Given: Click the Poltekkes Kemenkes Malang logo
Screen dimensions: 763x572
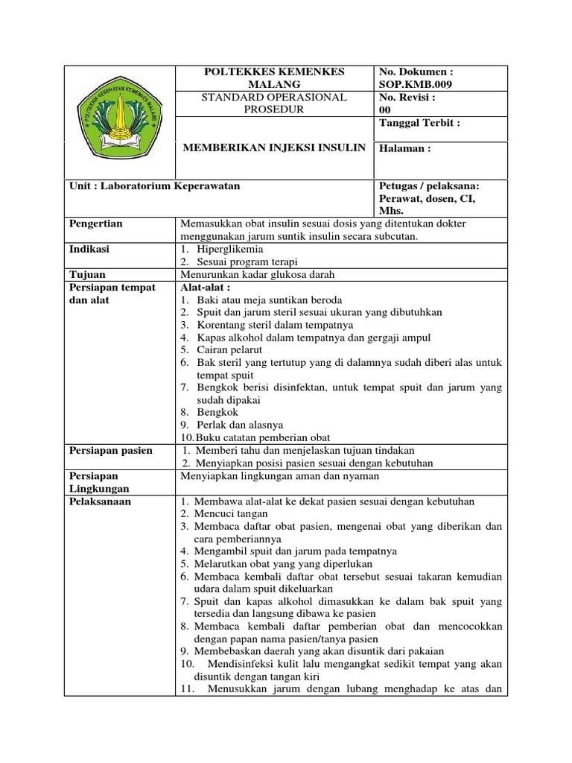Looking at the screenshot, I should coord(120,121).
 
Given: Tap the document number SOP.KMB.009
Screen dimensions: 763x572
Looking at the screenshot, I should coord(416,84).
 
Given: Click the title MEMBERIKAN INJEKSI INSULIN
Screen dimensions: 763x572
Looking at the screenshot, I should coord(274,148).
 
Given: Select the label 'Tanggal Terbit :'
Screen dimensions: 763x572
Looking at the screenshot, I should coord(419,123).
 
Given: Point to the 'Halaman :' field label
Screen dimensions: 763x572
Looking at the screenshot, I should coord(405,148).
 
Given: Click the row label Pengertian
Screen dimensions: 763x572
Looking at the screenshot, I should coord(95,223).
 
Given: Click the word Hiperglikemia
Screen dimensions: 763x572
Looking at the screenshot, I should coord(230,249).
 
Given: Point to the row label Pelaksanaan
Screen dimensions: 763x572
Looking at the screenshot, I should coord(100,501).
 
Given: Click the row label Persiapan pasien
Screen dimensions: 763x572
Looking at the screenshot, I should coord(110,450).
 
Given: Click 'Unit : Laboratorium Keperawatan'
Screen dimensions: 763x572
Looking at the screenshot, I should coord(154,186).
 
